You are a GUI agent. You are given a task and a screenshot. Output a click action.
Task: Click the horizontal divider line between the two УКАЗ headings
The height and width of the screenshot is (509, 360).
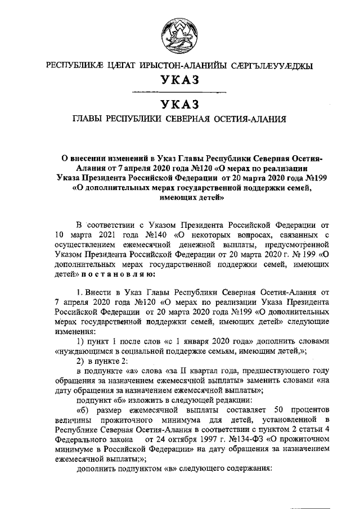point(179,92)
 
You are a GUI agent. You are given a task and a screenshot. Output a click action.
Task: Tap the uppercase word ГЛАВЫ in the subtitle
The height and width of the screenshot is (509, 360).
point(89,119)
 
